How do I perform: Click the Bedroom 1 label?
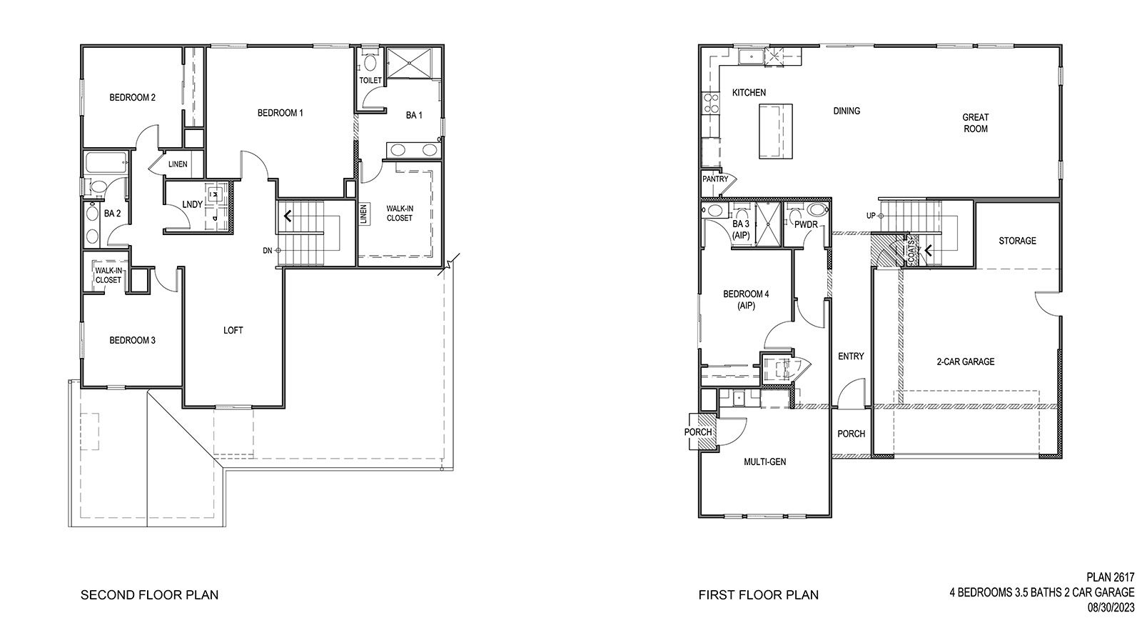[x=281, y=113]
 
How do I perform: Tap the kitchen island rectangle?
[x=774, y=130]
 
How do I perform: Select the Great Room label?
[x=975, y=123]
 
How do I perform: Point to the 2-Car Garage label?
[x=965, y=362]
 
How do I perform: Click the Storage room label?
[x=1017, y=241]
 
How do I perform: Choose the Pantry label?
[x=714, y=179]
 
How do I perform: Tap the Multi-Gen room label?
[x=764, y=462]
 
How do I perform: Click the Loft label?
[x=233, y=330]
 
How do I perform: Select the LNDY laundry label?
[x=192, y=205]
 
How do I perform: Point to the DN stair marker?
[x=268, y=250]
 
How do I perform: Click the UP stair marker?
[x=871, y=216]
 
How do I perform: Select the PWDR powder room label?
[x=806, y=225]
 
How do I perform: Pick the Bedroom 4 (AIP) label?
[x=746, y=299]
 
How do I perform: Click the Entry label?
[x=851, y=357]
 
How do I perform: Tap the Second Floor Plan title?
[x=149, y=594]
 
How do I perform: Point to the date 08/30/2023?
[x=1111, y=607]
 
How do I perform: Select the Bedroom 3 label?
[x=132, y=340]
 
